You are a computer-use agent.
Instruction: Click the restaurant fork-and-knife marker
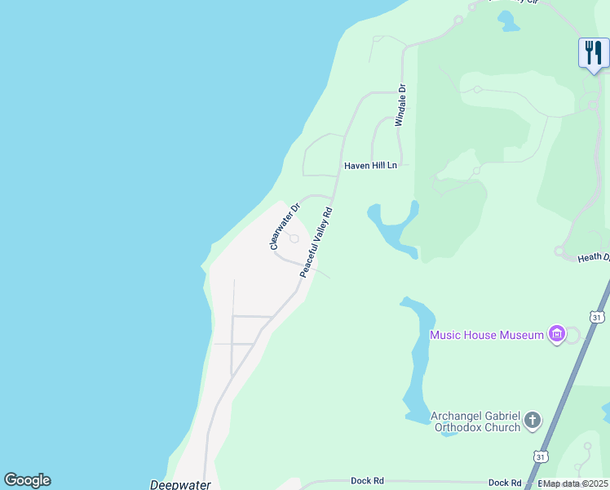coord(593,53)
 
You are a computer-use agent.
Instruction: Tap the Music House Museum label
coord(486,335)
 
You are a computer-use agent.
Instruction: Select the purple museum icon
coord(558,333)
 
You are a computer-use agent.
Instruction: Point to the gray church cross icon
coord(533,421)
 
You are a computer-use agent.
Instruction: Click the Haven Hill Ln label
coord(370,165)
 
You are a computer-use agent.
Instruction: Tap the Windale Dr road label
coord(400,105)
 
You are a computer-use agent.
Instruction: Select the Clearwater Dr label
coord(285,226)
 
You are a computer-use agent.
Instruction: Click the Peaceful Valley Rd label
coord(316,242)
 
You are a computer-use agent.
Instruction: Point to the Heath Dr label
coord(593,257)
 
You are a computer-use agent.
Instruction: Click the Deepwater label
coord(180,484)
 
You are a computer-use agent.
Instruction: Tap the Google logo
coord(27,480)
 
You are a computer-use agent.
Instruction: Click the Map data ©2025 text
coord(575,483)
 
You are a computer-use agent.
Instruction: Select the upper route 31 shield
coord(598,316)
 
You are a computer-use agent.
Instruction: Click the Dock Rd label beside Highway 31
coord(504,483)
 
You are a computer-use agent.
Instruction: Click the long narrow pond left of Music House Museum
coord(418,359)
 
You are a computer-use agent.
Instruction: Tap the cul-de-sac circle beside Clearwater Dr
coord(294,238)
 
